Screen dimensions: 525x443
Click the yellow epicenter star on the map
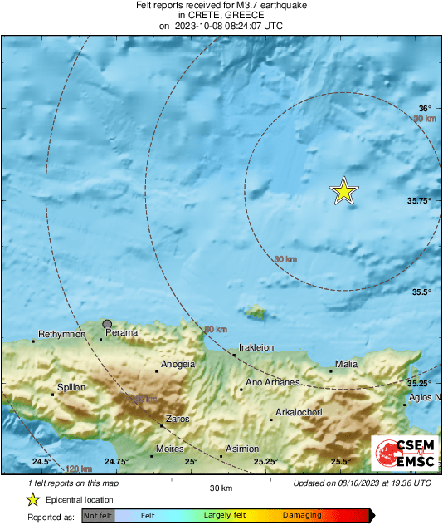click(x=343, y=191)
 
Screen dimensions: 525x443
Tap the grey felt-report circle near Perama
click(x=107, y=324)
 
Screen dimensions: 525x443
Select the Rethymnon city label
click(x=62, y=334)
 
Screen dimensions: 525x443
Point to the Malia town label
click(x=346, y=364)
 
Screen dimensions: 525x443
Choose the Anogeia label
click(x=178, y=364)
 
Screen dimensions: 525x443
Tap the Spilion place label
click(x=71, y=387)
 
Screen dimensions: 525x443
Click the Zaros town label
click(x=178, y=419)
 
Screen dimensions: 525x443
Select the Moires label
click(x=170, y=449)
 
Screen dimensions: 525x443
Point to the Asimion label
click(x=242, y=449)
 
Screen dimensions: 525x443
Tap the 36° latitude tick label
click(x=425, y=109)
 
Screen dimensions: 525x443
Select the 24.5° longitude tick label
click(x=42, y=461)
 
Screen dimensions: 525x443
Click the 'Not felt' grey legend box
click(x=97, y=516)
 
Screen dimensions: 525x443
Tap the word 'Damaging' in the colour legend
click(x=302, y=516)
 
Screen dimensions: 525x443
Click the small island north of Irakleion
click(x=257, y=312)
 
